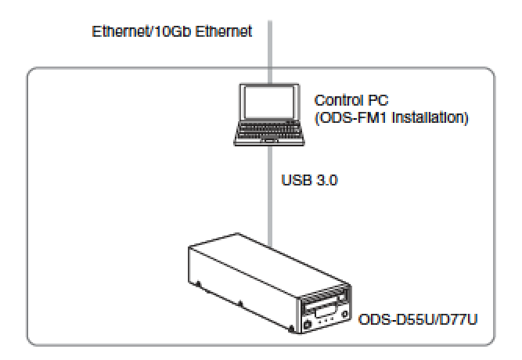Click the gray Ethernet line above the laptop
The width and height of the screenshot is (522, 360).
coord(269,47)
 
